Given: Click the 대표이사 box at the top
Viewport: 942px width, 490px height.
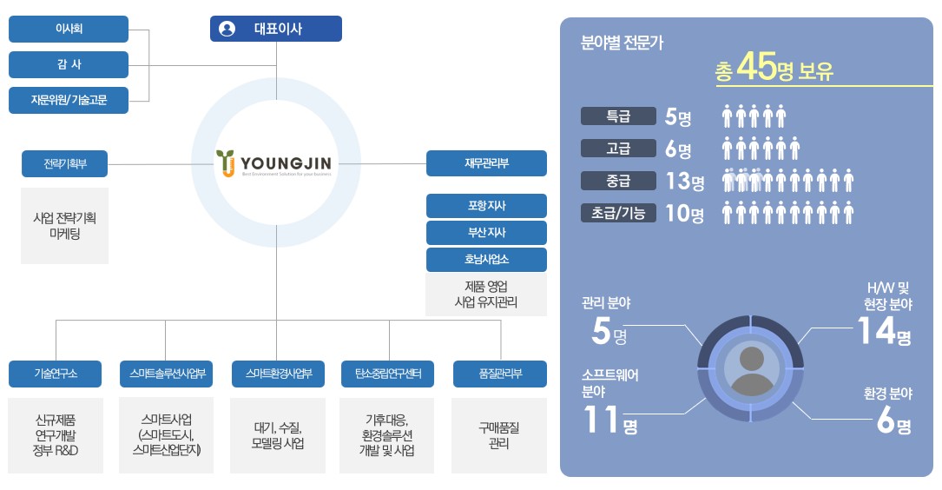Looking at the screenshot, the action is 276,29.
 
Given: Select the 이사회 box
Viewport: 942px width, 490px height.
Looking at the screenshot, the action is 69,29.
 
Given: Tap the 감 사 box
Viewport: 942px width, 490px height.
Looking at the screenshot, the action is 69,64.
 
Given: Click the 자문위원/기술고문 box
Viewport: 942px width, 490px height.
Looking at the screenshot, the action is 69,100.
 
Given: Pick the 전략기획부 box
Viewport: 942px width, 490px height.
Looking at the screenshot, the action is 65,163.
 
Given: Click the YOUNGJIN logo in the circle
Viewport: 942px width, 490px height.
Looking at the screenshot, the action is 275,162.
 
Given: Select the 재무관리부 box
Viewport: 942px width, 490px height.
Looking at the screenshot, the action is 486,163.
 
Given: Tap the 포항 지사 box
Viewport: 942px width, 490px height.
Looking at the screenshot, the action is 486,206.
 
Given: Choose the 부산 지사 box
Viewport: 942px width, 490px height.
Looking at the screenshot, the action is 486,233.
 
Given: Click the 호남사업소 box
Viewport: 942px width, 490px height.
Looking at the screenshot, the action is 486,260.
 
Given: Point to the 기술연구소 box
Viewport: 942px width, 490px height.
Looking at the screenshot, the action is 56,374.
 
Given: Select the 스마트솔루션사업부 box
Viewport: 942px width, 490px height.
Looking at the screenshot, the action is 166,374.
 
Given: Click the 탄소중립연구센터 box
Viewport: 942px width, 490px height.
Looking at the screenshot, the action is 388,374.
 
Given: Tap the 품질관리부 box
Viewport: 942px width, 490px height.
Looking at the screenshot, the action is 500,374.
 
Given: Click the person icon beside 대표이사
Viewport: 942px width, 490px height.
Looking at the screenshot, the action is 227,29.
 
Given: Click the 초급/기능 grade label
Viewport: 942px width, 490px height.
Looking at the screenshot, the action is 617,212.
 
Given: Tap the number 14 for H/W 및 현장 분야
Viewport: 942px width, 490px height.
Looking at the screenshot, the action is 875,331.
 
